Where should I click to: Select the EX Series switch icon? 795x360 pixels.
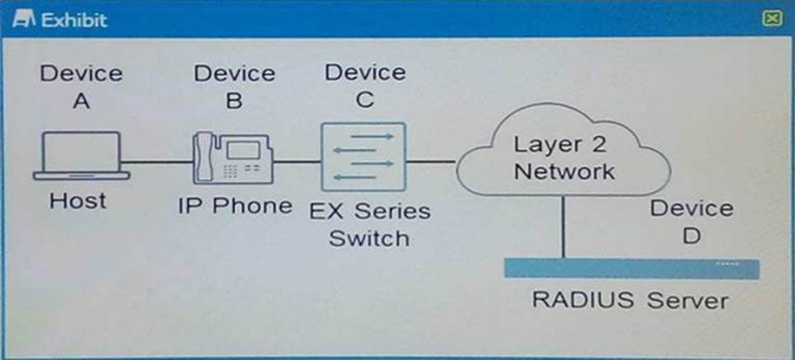(363, 157)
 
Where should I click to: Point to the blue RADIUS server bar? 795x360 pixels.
(630, 269)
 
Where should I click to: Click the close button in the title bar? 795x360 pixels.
(771, 18)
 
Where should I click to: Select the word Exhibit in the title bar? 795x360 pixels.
(74, 19)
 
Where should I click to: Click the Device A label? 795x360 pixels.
(81, 86)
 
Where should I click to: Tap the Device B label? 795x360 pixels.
(234, 86)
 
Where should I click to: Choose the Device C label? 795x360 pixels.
(365, 86)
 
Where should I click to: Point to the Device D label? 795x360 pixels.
(690, 222)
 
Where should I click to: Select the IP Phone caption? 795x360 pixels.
(235, 205)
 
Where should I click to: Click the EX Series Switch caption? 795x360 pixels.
(370, 224)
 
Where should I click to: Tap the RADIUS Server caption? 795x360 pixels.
(630, 300)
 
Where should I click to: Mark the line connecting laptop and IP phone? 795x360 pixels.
(157, 161)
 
